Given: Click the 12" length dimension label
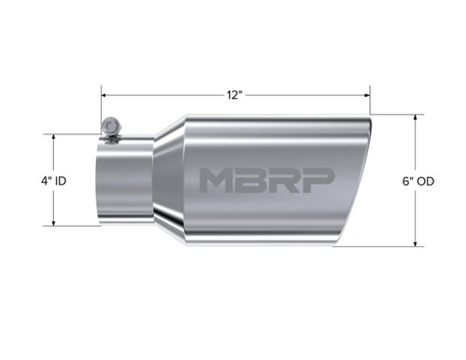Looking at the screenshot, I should click(235, 94).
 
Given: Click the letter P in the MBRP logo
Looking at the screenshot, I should click(316, 180).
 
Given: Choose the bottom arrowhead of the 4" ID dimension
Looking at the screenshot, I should click(56, 223).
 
